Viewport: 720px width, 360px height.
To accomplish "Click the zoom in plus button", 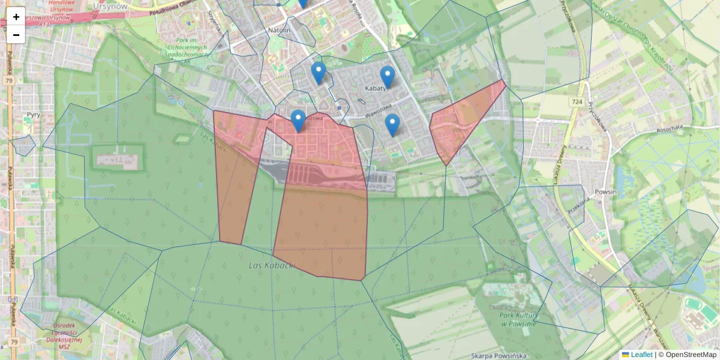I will (16, 17).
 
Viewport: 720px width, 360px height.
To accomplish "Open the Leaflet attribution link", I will (641, 355).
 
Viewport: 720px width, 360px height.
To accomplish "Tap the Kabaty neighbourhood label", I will (375, 88).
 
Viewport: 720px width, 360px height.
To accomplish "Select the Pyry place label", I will (33, 113).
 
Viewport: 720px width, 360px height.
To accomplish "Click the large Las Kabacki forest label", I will (272, 265).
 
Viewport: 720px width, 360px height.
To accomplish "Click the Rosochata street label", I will (670, 128).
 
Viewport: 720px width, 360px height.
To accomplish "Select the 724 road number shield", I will (577, 103).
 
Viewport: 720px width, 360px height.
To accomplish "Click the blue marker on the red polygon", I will (298, 120).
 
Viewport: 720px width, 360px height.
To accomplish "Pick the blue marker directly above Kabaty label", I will (388, 76).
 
